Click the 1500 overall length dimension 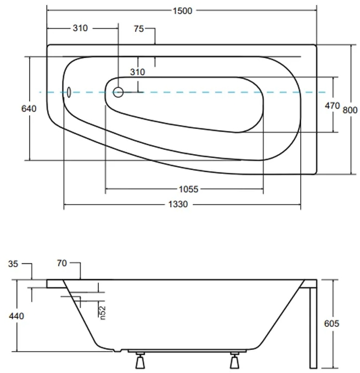[181, 10]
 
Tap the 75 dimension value [140, 29]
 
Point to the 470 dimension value [333, 106]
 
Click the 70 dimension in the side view [61, 264]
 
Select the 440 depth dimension [15, 316]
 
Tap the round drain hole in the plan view [118, 92]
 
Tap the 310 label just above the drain [137, 72]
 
